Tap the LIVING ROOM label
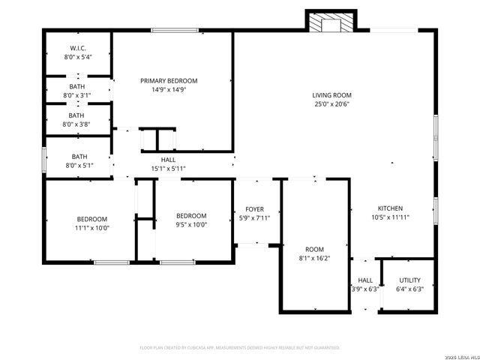click(x=332, y=95)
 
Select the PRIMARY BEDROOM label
click(x=169, y=80)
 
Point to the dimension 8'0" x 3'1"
click(x=78, y=95)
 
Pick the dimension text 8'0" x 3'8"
click(x=78, y=124)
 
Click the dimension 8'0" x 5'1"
click(x=78, y=166)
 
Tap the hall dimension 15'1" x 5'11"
click(x=168, y=169)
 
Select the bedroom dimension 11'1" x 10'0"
click(x=91, y=227)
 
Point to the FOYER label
click(x=254, y=209)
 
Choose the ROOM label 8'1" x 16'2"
click(x=313, y=249)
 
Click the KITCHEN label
click(x=390, y=208)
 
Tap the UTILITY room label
click(x=409, y=280)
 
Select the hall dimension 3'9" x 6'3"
click(x=365, y=289)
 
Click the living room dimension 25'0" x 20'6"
click(x=332, y=104)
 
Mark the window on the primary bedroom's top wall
click(x=174, y=30)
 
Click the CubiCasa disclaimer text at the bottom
click(x=240, y=348)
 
